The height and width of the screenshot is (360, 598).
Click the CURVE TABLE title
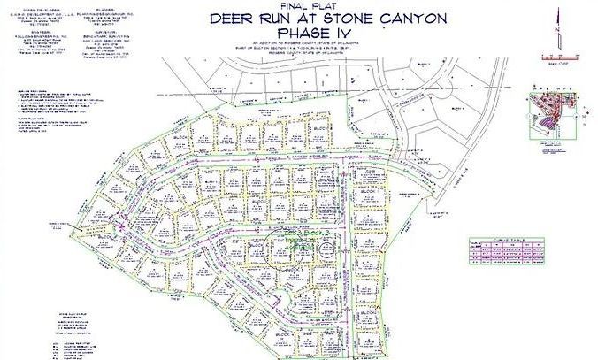500,241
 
